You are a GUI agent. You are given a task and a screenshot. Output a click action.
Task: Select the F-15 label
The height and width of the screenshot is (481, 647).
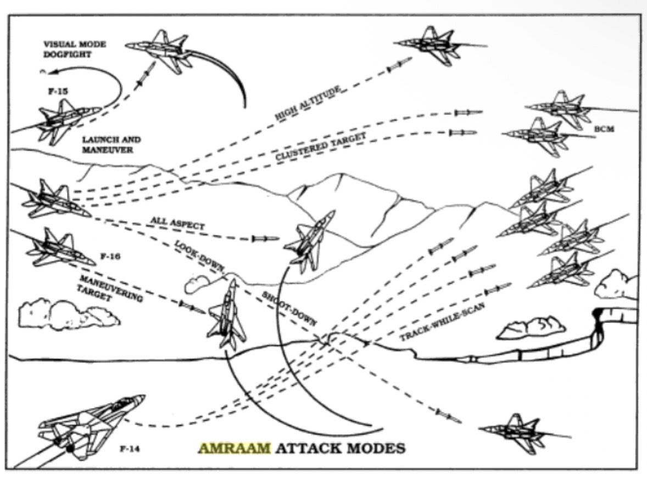pyautogui.click(x=55, y=90)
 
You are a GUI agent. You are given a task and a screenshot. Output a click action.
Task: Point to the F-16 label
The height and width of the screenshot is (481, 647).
pyautogui.click(x=110, y=256)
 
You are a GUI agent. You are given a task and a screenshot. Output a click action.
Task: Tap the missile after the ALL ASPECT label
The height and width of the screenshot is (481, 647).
pyautogui.click(x=265, y=239)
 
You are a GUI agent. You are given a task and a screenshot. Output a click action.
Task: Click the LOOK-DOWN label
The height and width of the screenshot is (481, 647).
pyautogui.click(x=199, y=255)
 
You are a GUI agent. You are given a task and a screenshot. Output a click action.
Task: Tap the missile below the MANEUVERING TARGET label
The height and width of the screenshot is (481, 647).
pyautogui.click(x=192, y=306)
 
